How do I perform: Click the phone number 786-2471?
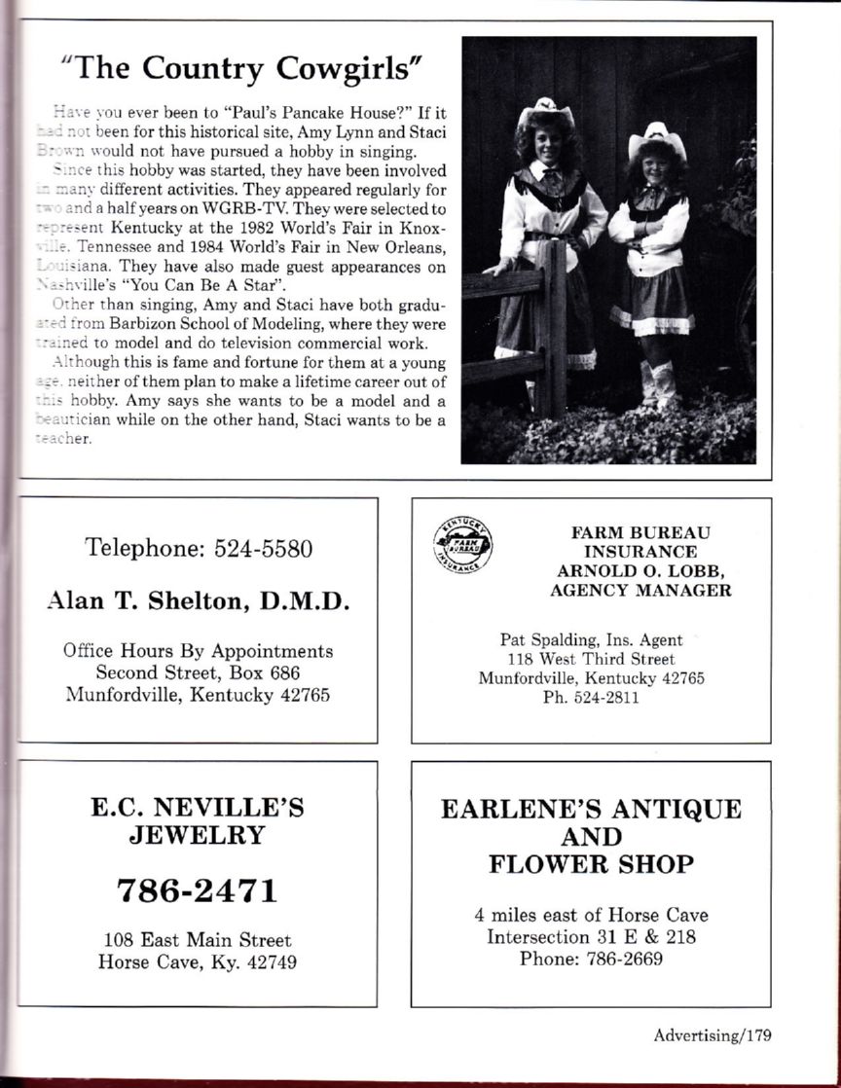[x=198, y=889]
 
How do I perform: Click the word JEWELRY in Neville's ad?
[x=199, y=834]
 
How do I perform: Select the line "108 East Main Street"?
[x=198, y=940]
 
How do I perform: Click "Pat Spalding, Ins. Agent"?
[x=591, y=640]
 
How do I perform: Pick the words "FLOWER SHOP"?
[x=591, y=864]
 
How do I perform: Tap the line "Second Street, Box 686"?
[x=198, y=672]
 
